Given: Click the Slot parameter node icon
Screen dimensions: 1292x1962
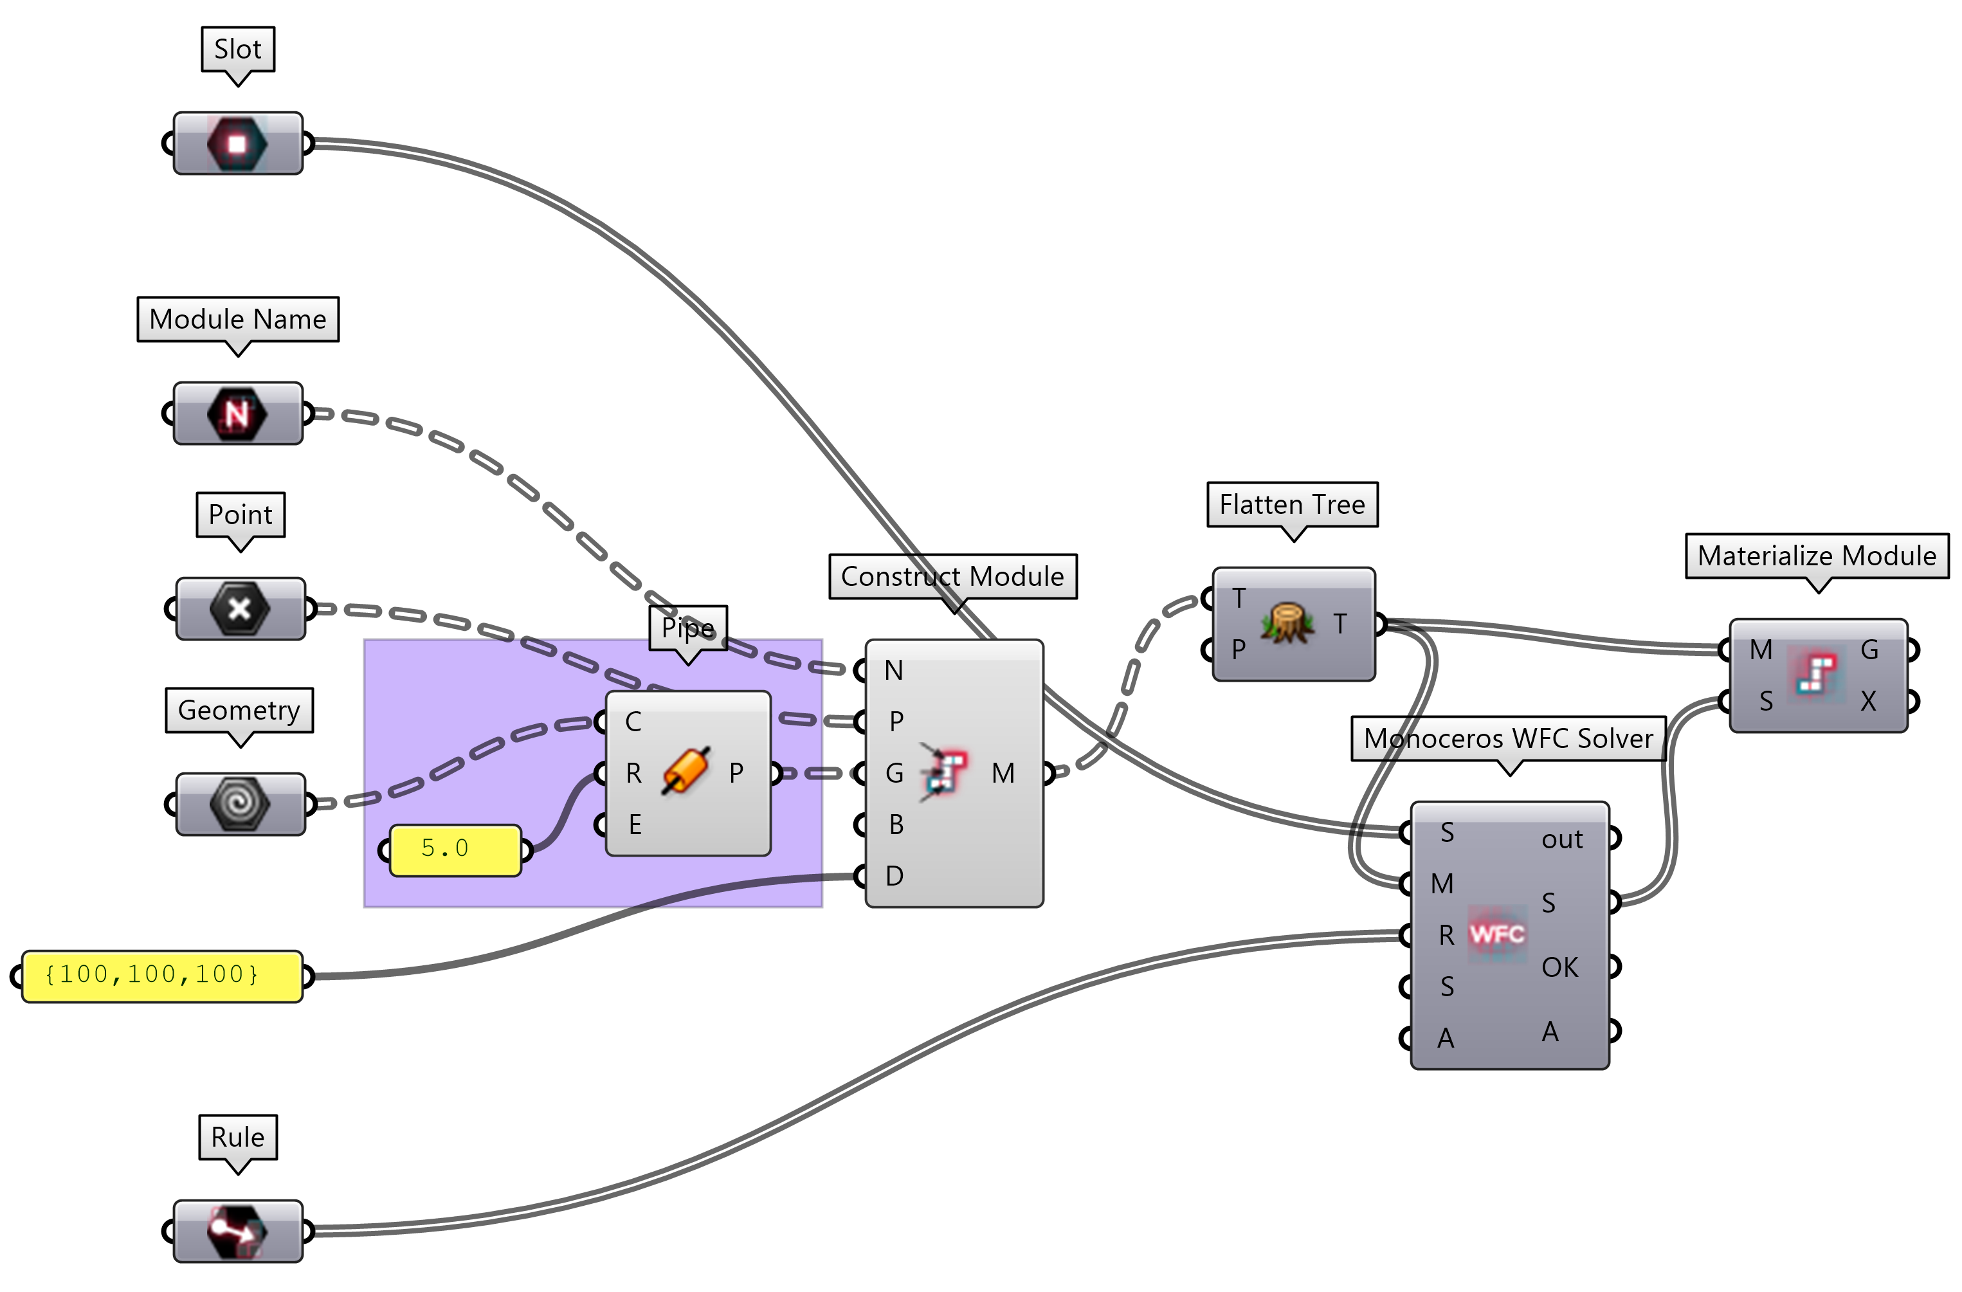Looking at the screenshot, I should [237, 143].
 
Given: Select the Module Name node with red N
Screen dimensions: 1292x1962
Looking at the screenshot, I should [237, 413].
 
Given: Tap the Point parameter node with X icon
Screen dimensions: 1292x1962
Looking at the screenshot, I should [240, 609].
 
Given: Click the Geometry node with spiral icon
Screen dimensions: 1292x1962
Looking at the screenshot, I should [240, 803].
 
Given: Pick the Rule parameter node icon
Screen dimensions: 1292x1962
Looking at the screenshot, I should [237, 1231].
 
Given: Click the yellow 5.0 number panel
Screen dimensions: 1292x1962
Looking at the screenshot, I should [455, 850].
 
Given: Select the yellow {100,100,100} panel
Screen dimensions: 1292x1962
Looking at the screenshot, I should [161, 976].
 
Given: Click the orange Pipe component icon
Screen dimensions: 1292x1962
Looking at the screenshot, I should [685, 772].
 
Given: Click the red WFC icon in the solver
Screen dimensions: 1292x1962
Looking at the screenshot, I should [1496, 934].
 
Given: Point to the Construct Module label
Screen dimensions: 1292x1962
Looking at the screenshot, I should [952, 576].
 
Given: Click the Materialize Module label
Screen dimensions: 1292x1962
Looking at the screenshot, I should [1816, 556].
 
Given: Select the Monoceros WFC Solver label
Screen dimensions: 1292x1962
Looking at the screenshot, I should [1508, 738].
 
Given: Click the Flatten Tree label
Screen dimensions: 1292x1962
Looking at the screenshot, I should [1292, 504].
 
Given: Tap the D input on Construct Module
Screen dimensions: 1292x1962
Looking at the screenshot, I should [894, 876].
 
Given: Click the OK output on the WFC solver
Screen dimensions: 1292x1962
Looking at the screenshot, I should [1559, 967].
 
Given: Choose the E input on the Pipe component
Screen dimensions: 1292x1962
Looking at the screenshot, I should [634, 824].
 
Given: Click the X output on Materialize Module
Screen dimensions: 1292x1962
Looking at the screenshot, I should [1868, 701].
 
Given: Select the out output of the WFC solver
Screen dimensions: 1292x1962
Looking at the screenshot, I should [1562, 839].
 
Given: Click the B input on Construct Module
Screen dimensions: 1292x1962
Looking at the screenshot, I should [895, 824].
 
